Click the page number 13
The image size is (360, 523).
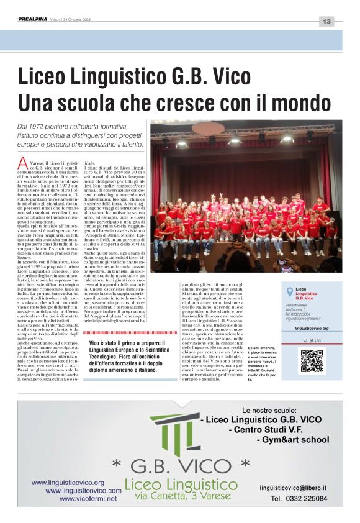click(326, 22)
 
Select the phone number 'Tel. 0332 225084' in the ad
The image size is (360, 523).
click(299, 499)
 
